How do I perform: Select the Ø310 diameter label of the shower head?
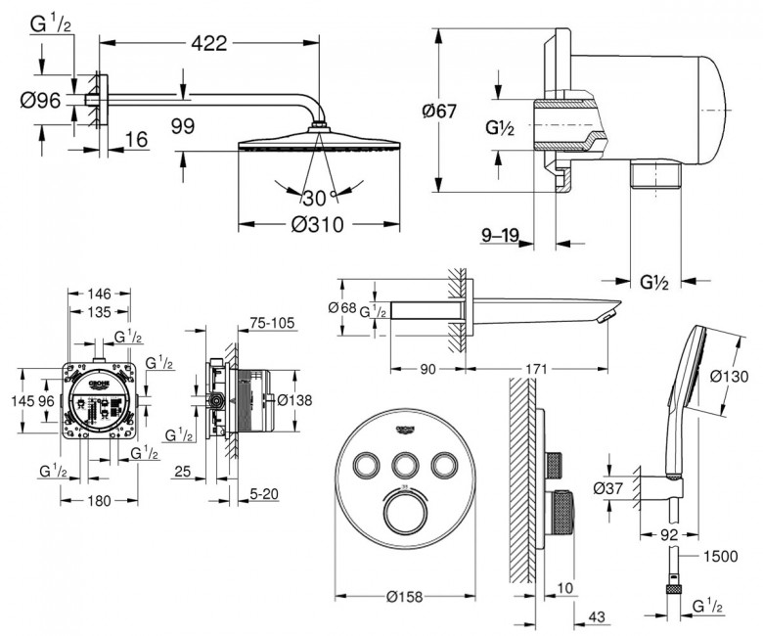[317, 224]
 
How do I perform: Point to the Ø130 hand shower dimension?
[729, 375]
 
